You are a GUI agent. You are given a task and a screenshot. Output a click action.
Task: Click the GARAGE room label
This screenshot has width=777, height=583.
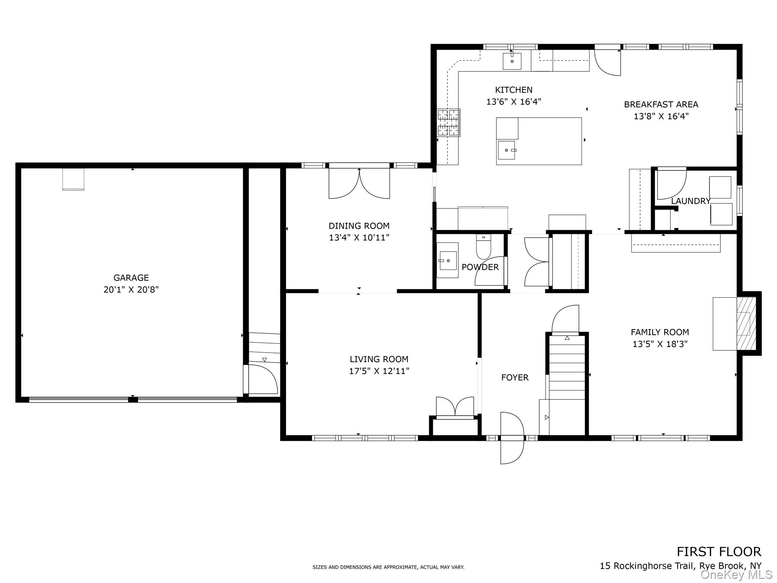pyautogui.click(x=131, y=278)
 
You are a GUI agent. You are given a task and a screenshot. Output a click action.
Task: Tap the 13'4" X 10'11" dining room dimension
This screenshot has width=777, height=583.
pyautogui.click(x=359, y=238)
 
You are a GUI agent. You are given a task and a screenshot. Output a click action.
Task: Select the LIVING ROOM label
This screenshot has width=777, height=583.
pyautogui.click(x=379, y=359)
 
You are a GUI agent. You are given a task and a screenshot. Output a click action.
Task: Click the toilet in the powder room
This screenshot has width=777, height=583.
pyautogui.click(x=483, y=247)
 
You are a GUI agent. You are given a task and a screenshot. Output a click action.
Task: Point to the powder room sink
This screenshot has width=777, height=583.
pyautogui.click(x=448, y=261)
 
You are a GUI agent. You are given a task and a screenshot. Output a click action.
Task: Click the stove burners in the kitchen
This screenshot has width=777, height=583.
pyautogui.click(x=449, y=123)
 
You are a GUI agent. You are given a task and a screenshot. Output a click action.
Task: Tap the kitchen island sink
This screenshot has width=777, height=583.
pyautogui.click(x=507, y=150)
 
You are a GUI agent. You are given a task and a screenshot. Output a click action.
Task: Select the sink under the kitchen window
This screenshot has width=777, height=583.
pyautogui.click(x=512, y=61)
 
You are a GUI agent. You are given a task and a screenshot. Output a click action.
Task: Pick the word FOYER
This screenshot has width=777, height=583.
pyautogui.click(x=515, y=377)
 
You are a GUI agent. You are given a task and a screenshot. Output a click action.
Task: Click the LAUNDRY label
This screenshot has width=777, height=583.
pyautogui.click(x=691, y=201)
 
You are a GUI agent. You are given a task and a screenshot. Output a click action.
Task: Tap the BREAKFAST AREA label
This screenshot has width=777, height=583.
pyautogui.click(x=661, y=104)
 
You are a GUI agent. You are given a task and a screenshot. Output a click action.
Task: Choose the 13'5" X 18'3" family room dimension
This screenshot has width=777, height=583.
pyautogui.click(x=660, y=344)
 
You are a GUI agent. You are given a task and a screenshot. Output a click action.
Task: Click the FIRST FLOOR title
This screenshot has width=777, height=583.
pyautogui.click(x=719, y=551)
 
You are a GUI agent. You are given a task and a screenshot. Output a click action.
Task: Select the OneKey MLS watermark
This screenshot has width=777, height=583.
pyautogui.click(x=736, y=574)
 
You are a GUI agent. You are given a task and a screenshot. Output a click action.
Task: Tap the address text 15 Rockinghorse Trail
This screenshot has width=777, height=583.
pyautogui.click(x=648, y=566)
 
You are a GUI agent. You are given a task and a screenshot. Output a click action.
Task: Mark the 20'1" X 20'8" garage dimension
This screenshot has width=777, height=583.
pyautogui.click(x=131, y=290)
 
